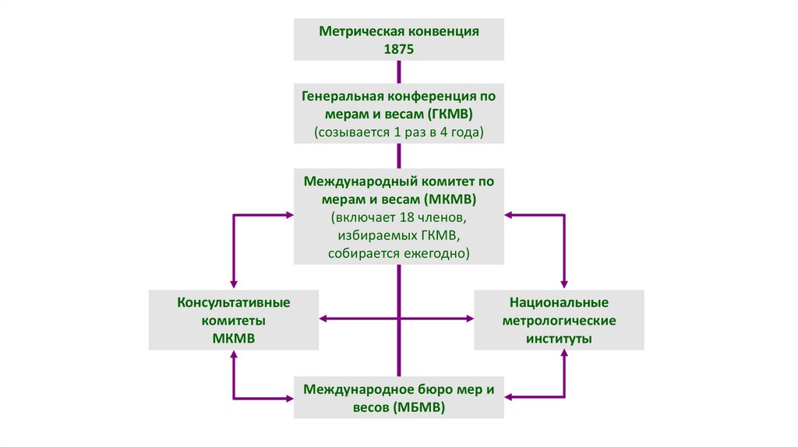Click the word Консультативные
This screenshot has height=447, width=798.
pos(234,301)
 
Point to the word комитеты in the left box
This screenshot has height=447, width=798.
pos(234,320)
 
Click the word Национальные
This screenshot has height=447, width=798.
pos(559,301)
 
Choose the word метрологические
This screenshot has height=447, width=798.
pos(559,320)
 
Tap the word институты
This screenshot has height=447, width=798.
pos(559,339)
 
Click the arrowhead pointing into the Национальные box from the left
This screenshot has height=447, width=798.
pos(470,319)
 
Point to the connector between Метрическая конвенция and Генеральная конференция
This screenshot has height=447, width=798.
pos(399,71)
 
